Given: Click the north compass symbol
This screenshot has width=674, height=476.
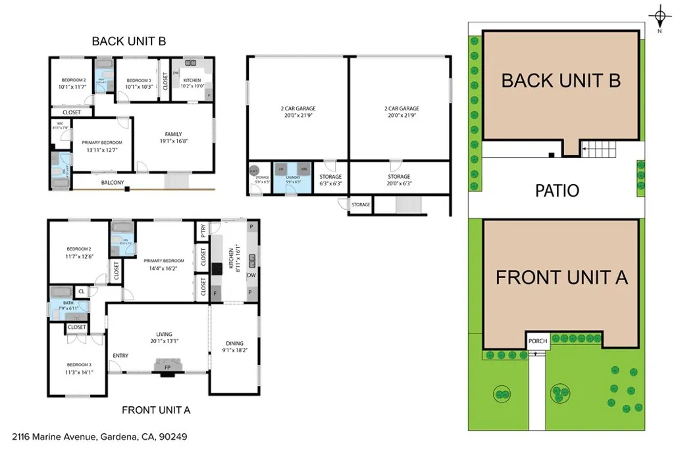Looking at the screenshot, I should pos(660,17).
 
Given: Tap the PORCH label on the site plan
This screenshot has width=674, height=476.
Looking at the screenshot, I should pos(538,341).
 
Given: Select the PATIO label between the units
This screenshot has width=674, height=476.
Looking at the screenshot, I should pos(556,191).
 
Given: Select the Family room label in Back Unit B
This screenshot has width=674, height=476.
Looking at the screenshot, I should pos(173,135).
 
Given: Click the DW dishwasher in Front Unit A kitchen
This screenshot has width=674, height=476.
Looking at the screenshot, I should pos(251,275).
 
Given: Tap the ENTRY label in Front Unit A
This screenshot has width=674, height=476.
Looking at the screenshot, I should pos(120,356).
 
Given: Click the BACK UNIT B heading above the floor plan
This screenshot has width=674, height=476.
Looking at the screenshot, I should pos(128,41).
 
